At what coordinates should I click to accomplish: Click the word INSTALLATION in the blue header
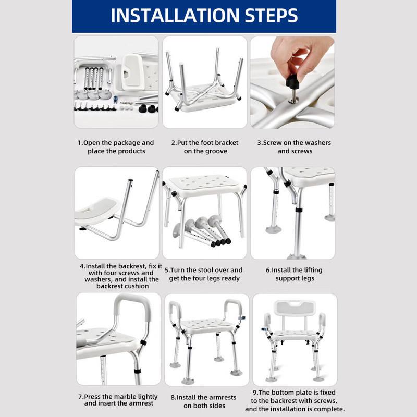[x=176, y=16]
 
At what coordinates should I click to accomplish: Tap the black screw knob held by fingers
[x=292, y=81]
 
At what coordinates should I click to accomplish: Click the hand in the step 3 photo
[x=301, y=57]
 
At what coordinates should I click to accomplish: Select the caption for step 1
[x=116, y=147]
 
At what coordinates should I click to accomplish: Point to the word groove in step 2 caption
[x=216, y=151]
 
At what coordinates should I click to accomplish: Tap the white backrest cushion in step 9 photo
[x=295, y=308]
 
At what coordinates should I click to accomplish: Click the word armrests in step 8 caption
[x=222, y=397]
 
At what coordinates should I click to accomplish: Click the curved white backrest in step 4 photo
[x=97, y=211]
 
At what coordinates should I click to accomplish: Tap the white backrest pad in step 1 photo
[x=133, y=71]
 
